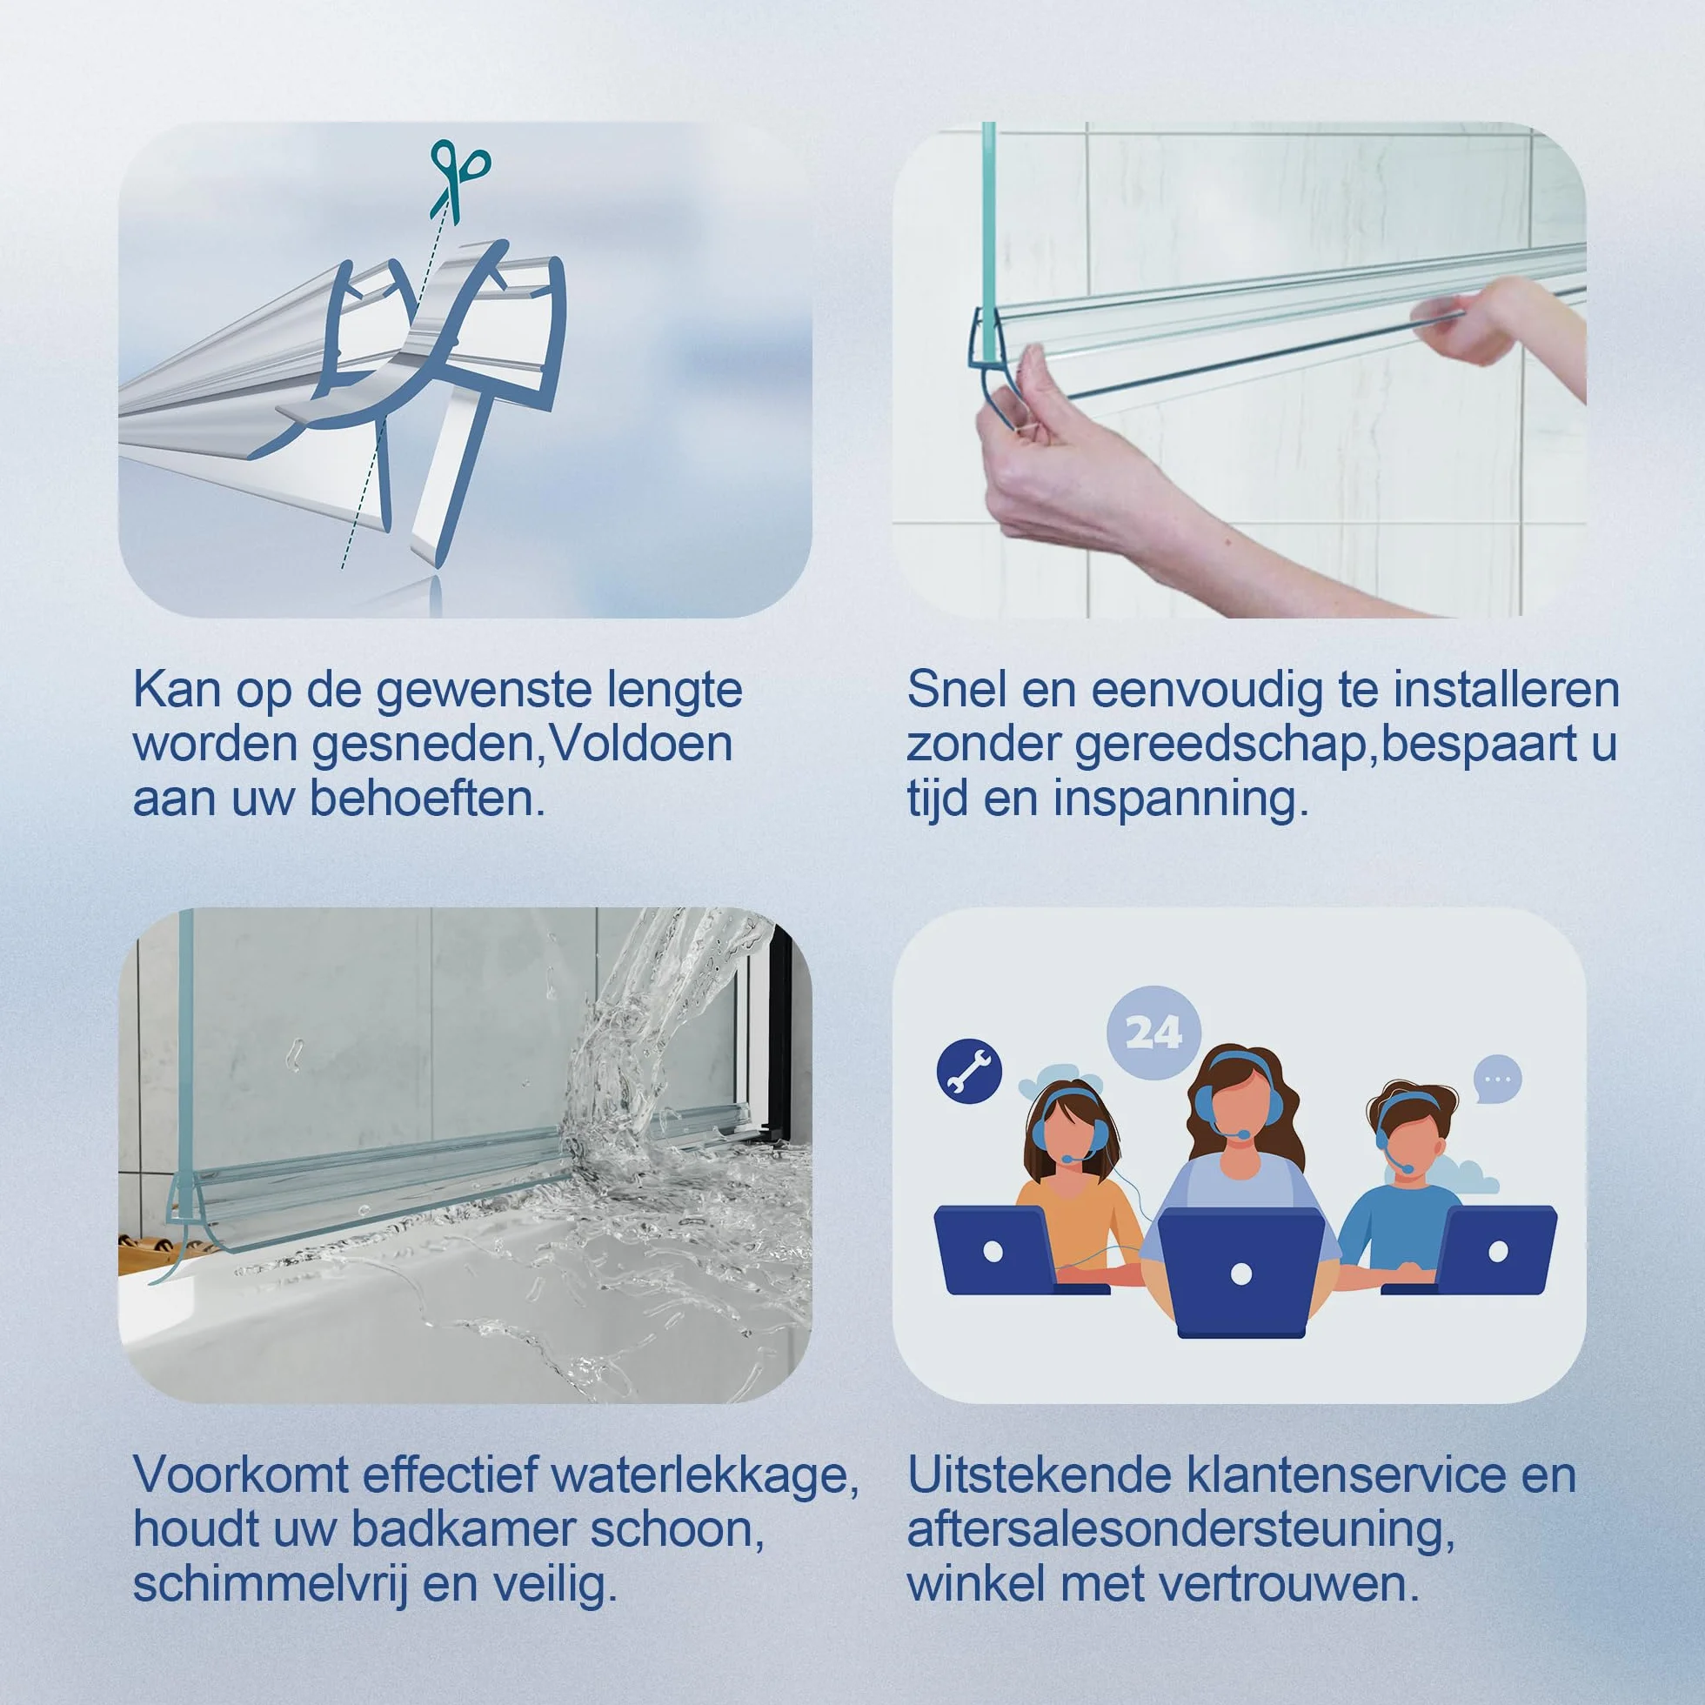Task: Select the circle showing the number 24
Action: (x=1153, y=1031)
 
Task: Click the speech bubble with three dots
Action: (x=1498, y=1079)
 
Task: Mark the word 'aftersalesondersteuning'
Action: (x=1180, y=1531)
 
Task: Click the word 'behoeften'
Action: (x=426, y=799)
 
